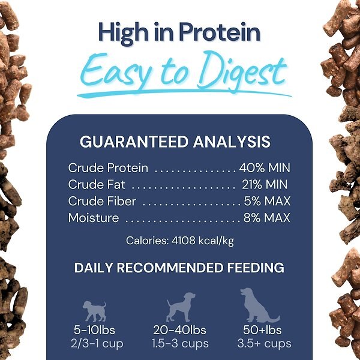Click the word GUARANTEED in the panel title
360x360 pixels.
(x=136, y=142)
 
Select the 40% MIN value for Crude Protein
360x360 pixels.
(x=264, y=168)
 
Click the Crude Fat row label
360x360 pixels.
(x=97, y=185)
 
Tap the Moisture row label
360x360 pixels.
(x=94, y=218)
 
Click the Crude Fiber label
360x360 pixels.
(x=102, y=201)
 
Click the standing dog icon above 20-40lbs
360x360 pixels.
(x=181, y=307)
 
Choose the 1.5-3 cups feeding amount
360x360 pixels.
(x=180, y=344)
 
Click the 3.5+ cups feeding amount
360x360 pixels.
(x=265, y=344)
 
